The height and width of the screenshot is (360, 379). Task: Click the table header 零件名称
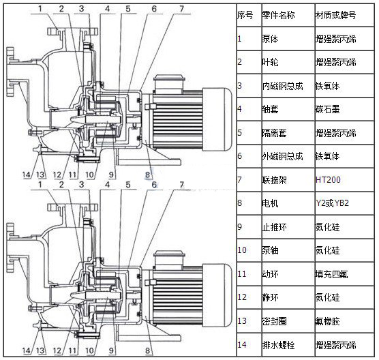click(x=278, y=16)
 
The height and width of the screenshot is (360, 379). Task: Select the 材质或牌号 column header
click(x=335, y=16)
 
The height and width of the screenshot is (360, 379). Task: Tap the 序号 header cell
click(x=245, y=16)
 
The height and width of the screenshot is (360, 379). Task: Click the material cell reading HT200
click(x=328, y=179)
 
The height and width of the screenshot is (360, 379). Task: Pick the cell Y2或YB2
click(x=333, y=203)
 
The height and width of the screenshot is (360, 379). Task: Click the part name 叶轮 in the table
click(x=270, y=62)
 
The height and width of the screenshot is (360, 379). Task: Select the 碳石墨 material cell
click(x=327, y=109)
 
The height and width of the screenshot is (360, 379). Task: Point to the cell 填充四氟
click(x=331, y=274)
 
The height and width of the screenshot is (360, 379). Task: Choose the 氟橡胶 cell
click(x=327, y=321)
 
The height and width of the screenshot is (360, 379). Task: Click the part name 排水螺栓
click(x=278, y=345)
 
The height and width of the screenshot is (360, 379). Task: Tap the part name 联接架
click(x=274, y=180)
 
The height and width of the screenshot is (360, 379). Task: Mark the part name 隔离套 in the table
click(x=274, y=133)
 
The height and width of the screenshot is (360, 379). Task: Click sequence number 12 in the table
click(x=242, y=297)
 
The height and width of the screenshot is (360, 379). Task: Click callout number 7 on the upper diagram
click(x=181, y=9)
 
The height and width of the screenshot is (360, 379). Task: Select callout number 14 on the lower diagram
click(x=27, y=350)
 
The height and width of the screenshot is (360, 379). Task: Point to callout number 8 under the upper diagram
click(x=147, y=175)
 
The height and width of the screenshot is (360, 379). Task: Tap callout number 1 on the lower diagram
click(x=40, y=185)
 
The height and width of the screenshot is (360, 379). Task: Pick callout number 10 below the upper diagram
click(x=89, y=175)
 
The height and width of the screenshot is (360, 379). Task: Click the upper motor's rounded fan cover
click(x=217, y=119)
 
